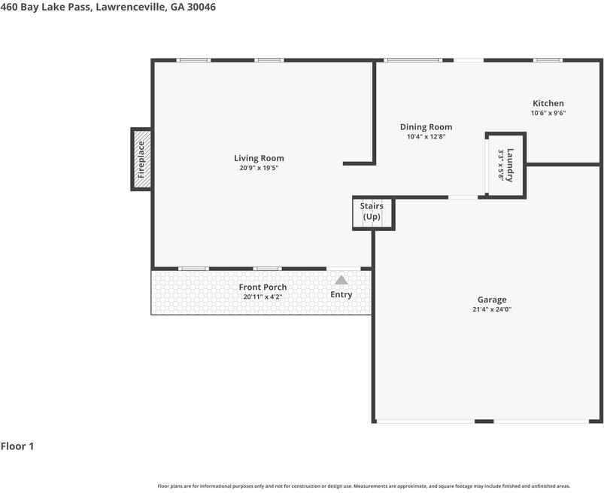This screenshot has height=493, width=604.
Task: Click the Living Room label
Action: pos(259,158)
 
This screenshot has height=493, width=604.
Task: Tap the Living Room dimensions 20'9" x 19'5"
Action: pos(259,168)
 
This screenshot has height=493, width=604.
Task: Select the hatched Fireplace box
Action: pos(141,160)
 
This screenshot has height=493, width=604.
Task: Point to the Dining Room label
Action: pos(426,126)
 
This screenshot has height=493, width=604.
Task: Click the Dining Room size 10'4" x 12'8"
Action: pos(426,136)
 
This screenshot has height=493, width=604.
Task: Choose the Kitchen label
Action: pos(548,103)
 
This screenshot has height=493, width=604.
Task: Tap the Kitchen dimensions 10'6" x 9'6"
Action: pos(548,113)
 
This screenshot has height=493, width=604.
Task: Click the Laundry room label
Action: pos(510,165)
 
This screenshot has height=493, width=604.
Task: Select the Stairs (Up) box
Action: pos(373,214)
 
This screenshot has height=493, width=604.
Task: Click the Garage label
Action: pos(492,300)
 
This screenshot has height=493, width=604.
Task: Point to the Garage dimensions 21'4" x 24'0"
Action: pos(492,309)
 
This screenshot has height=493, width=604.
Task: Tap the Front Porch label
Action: pos(263,288)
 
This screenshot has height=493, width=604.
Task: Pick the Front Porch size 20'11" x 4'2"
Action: pos(263,297)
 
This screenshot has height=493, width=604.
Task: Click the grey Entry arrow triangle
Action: pos(341,280)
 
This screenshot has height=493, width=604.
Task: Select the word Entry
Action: pos(341,294)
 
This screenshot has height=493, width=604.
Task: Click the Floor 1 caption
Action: pos(17,446)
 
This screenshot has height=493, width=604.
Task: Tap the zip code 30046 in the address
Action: pos(202,7)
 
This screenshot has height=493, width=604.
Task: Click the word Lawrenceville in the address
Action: pos(130,7)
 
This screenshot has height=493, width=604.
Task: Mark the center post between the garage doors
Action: pos(484,421)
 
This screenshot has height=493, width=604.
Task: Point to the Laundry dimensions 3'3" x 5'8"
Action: pos(501,165)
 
